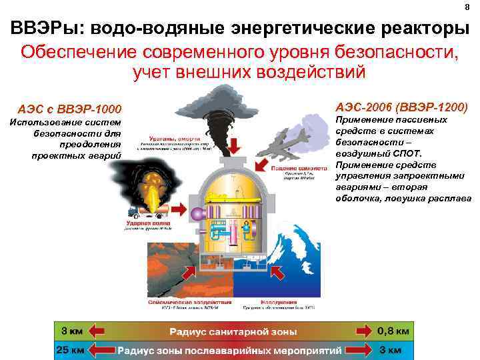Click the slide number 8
coord(467,7)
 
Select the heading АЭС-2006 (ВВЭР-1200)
coord(402,107)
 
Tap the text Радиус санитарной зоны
coord(233,331)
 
